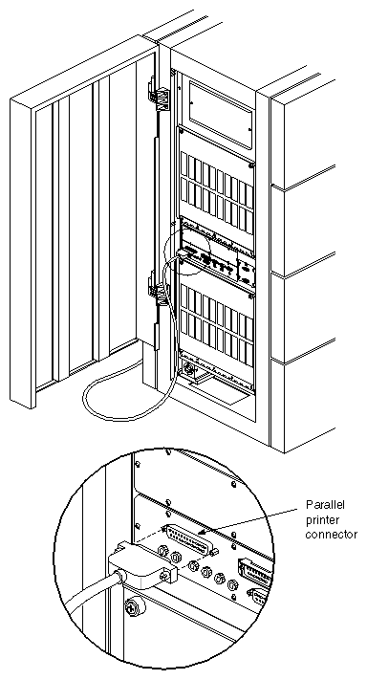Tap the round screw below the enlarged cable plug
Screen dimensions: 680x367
(x=133, y=604)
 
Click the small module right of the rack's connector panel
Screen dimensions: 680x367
(x=246, y=271)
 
